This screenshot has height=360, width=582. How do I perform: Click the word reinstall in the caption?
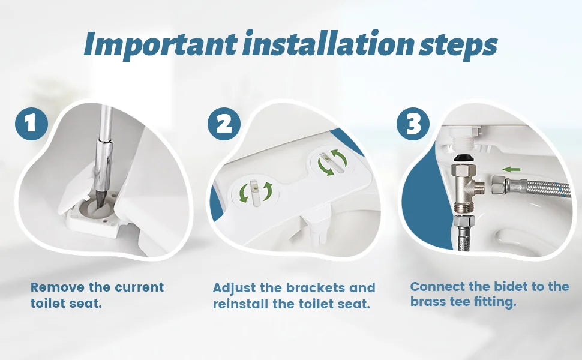tap(240, 304)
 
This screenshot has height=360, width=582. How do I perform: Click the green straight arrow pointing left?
tap(511, 169)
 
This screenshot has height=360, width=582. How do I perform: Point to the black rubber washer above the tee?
tap(463, 157)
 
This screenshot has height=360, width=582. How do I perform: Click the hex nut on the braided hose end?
tap(499, 185)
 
